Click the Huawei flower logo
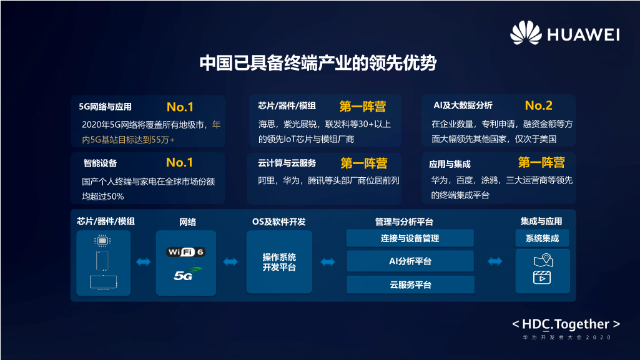click(x=526, y=32)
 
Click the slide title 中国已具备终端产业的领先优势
click(x=318, y=63)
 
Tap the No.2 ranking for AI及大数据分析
click(x=538, y=105)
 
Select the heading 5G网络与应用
click(x=105, y=107)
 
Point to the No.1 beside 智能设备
click(x=179, y=163)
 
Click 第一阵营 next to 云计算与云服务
click(x=363, y=163)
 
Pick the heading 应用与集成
click(x=450, y=164)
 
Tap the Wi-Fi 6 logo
click(x=185, y=251)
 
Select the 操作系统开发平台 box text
click(x=279, y=262)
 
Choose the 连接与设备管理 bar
click(x=410, y=238)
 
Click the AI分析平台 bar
click(x=410, y=261)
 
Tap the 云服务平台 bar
click(x=411, y=285)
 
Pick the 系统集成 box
click(x=542, y=238)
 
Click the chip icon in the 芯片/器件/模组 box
click(x=102, y=241)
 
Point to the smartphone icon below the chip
click(x=102, y=261)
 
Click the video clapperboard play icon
click(x=542, y=278)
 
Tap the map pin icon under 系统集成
click(x=543, y=260)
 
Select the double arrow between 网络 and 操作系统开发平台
click(x=230, y=262)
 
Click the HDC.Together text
click(x=566, y=324)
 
